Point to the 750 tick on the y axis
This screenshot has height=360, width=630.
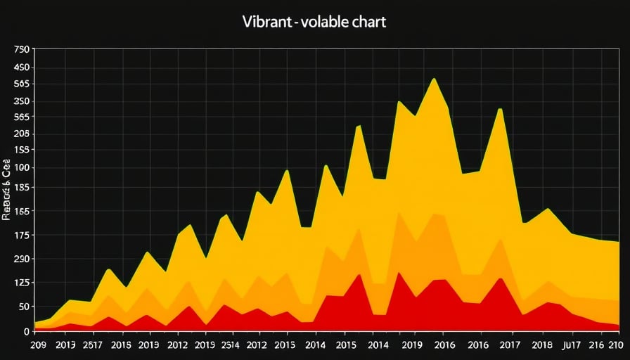[x=21, y=50]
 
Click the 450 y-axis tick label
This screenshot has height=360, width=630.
[x=21, y=68]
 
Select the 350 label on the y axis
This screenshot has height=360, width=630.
[x=21, y=101]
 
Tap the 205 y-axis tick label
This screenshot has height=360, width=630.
[x=21, y=134]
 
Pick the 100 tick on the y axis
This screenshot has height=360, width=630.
[x=21, y=167]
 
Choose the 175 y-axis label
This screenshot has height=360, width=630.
[x=21, y=235]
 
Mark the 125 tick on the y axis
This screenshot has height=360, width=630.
[x=21, y=283]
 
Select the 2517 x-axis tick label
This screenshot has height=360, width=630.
[x=93, y=345]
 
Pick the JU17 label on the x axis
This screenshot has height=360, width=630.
[x=572, y=345]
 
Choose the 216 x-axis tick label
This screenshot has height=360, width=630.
[x=596, y=345]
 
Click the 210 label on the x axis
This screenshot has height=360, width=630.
[x=617, y=345]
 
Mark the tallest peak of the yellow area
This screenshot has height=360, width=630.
[x=434, y=79]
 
